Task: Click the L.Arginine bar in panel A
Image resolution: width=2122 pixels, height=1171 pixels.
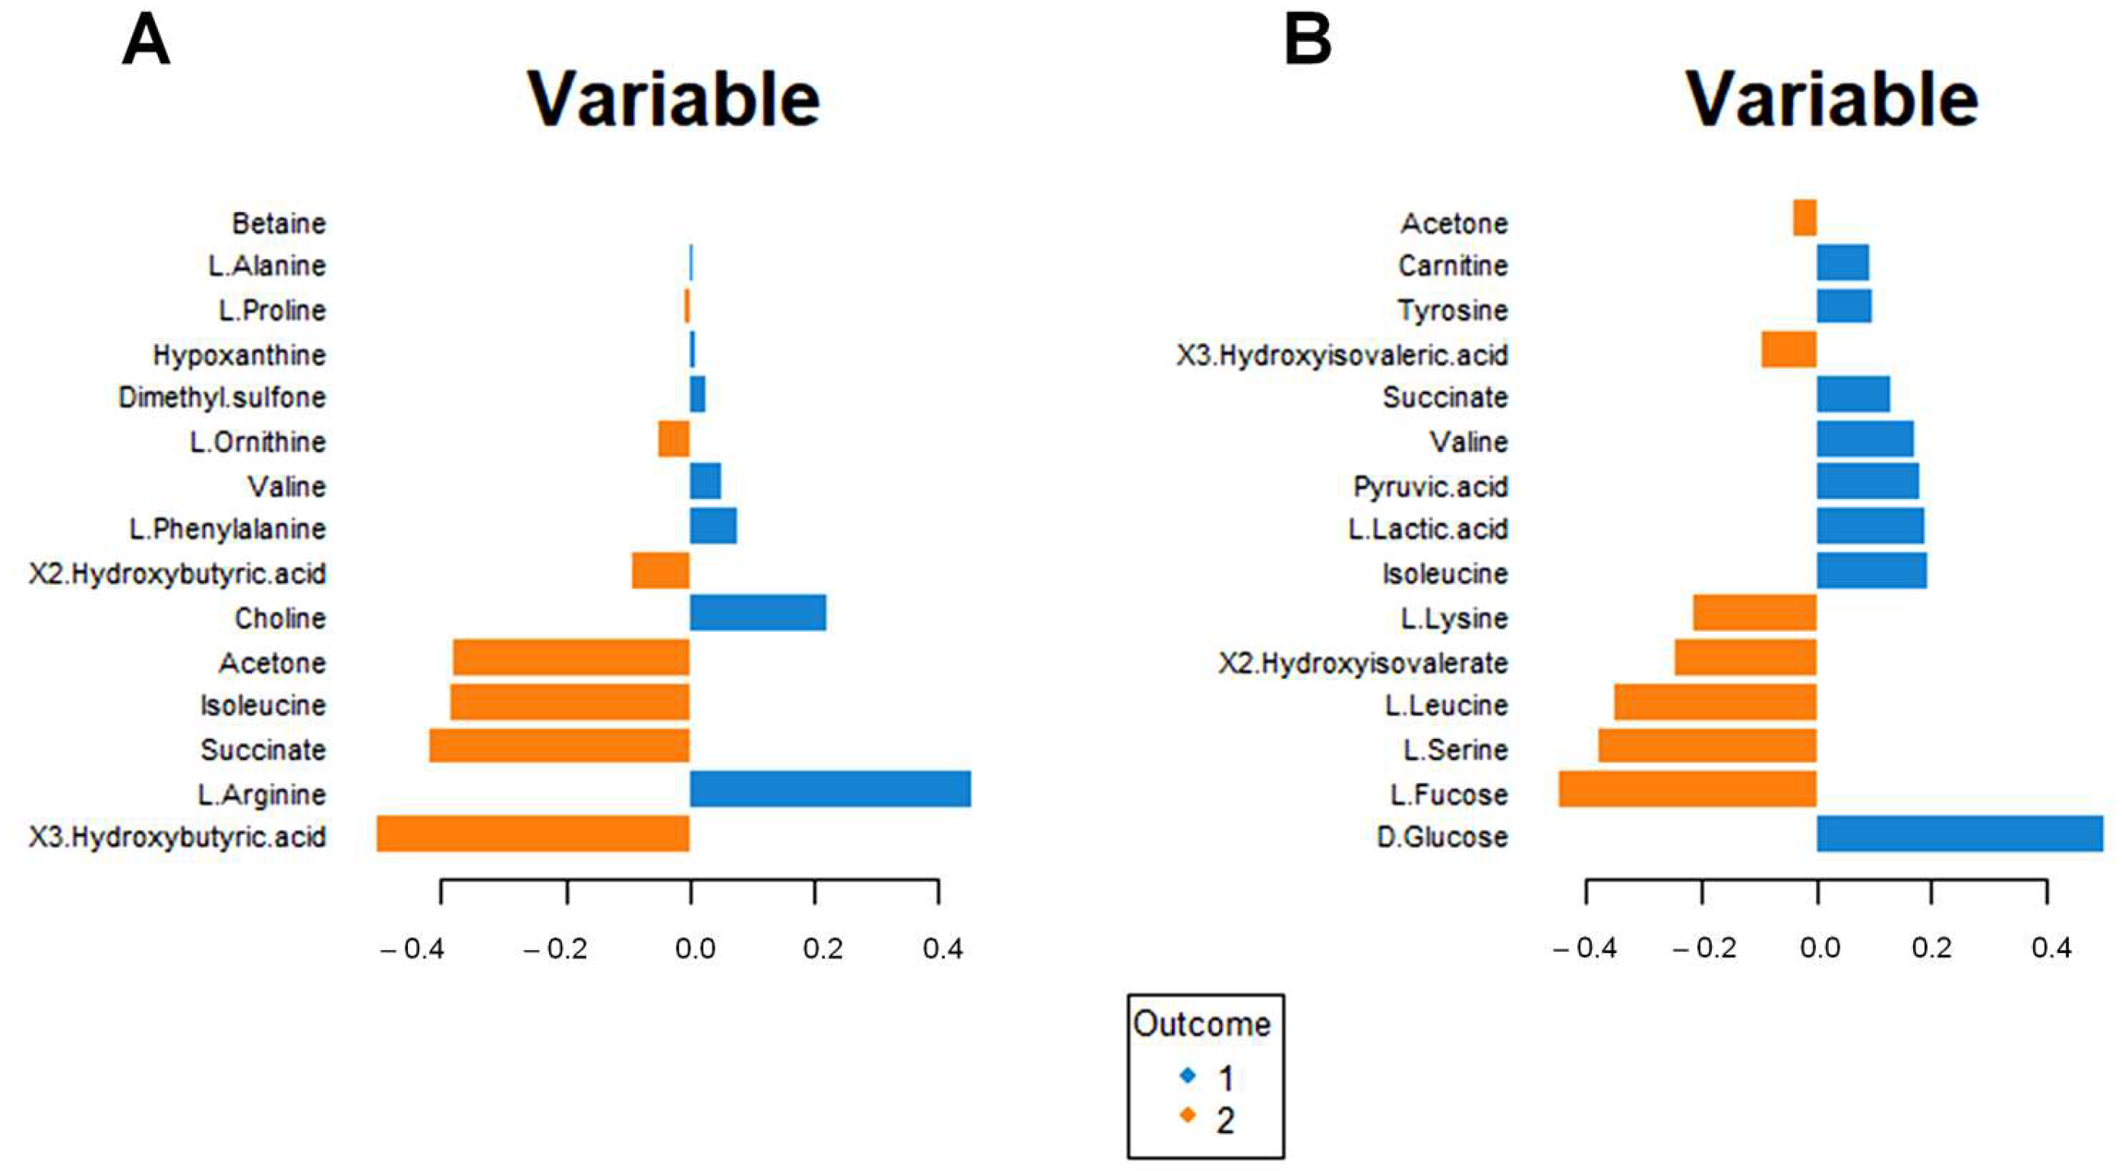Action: coord(829,789)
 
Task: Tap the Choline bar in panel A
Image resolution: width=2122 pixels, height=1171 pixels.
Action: coord(758,613)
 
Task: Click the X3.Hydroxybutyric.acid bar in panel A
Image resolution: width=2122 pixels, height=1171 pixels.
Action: coord(533,833)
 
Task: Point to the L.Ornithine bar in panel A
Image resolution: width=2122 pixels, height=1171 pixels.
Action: coord(674,438)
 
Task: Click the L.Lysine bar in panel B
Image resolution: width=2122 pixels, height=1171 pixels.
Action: coord(1754,613)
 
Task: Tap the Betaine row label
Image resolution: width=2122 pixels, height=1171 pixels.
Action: coord(279,223)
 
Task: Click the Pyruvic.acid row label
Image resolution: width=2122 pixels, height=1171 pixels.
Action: coord(1430,487)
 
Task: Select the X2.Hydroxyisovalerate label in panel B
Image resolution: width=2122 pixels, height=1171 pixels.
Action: coord(1363,663)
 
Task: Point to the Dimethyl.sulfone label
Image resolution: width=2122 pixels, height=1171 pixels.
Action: coord(222,398)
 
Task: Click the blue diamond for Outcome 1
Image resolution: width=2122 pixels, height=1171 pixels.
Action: coord(1188,1075)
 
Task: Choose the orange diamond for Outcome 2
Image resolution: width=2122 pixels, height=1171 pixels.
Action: coord(1188,1116)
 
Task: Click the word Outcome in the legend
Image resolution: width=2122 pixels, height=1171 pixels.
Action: coord(1202,1024)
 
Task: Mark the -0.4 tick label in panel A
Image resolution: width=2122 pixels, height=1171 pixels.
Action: coord(412,949)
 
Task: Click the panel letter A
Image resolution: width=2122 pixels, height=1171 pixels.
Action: coord(146,41)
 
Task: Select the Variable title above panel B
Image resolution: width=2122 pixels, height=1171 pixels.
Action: coord(1832,99)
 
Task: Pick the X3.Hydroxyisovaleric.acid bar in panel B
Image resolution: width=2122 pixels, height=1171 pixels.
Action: coord(1789,349)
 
